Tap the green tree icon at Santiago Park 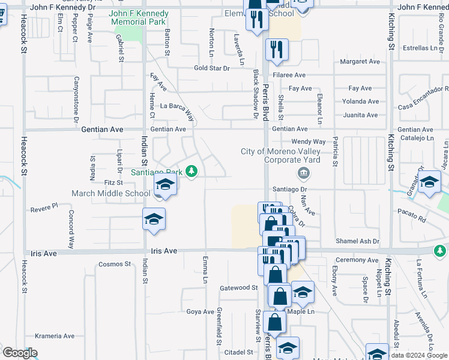[x=191, y=172]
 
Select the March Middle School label [x=110, y=193]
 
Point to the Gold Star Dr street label [x=212, y=68]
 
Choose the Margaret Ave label [x=360, y=61]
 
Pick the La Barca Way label [x=177, y=109]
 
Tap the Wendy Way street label [x=308, y=142]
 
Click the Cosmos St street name [x=114, y=264]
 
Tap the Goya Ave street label [x=200, y=311]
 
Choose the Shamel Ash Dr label [x=358, y=241]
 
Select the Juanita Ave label [x=360, y=115]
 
